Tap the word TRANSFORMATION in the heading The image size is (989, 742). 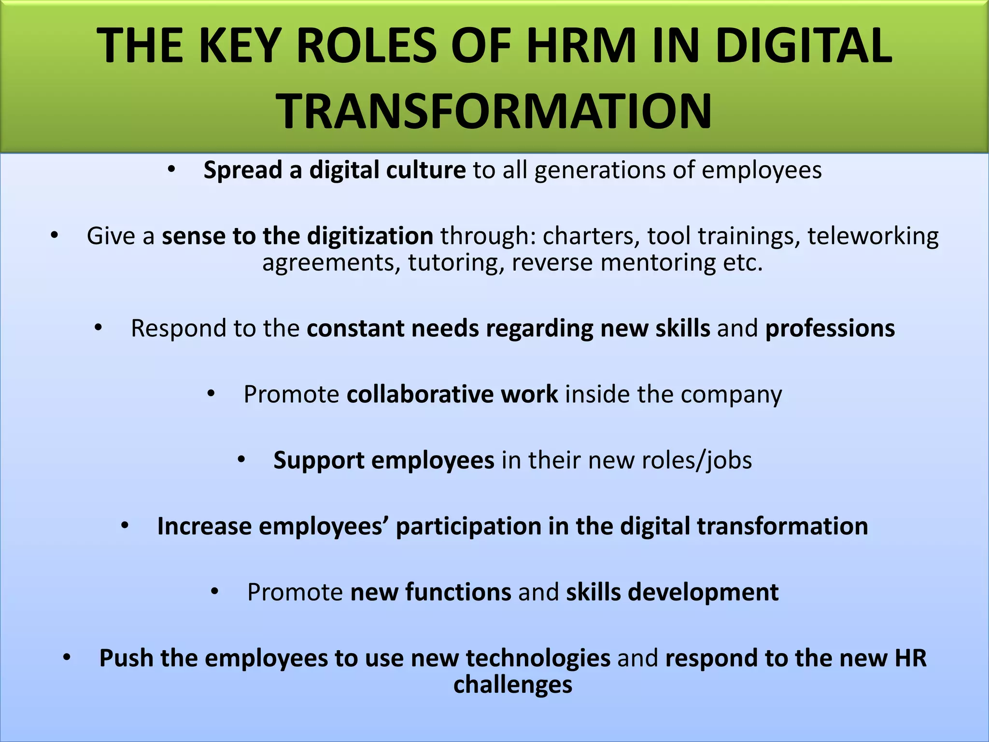[494, 112]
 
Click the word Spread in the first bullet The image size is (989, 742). [243, 171]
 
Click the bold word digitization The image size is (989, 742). [370, 236]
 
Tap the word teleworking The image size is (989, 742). [873, 236]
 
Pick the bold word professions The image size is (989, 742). [830, 328]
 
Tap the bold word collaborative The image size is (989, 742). [420, 394]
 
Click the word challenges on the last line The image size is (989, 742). [513, 685]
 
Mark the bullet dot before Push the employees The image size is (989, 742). [67, 657]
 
